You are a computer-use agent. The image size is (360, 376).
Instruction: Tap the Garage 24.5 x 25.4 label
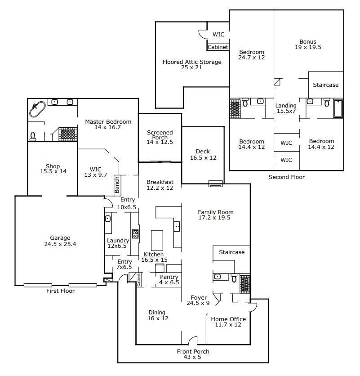[x=60, y=241]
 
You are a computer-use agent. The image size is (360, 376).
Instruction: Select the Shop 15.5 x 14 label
[x=53, y=169]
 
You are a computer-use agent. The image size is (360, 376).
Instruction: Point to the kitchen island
[x=157, y=240]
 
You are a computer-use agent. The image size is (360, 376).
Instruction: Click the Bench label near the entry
[x=117, y=184]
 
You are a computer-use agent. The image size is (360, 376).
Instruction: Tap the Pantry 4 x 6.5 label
[x=169, y=280]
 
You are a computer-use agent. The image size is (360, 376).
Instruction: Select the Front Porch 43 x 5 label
[x=193, y=354]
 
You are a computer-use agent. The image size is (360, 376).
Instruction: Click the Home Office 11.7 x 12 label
[x=229, y=322]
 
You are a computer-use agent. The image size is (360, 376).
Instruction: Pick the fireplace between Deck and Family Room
[x=215, y=183]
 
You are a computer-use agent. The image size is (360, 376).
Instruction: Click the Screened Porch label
[x=160, y=137]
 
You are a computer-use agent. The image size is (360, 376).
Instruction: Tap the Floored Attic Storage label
[x=192, y=65]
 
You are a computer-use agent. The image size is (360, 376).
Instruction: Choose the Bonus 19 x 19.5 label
[x=308, y=44]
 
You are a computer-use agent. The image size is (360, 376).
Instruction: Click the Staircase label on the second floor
[x=326, y=85]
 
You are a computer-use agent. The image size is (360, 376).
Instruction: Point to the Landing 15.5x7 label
[x=286, y=108]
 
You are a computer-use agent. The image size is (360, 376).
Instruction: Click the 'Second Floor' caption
[x=286, y=177]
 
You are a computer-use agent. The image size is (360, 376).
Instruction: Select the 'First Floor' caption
[x=60, y=291]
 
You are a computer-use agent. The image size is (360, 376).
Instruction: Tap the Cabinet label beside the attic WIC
[x=218, y=47]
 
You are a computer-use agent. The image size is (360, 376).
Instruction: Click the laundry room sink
[x=108, y=219]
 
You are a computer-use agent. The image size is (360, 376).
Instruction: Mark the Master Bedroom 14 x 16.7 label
[x=108, y=125]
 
